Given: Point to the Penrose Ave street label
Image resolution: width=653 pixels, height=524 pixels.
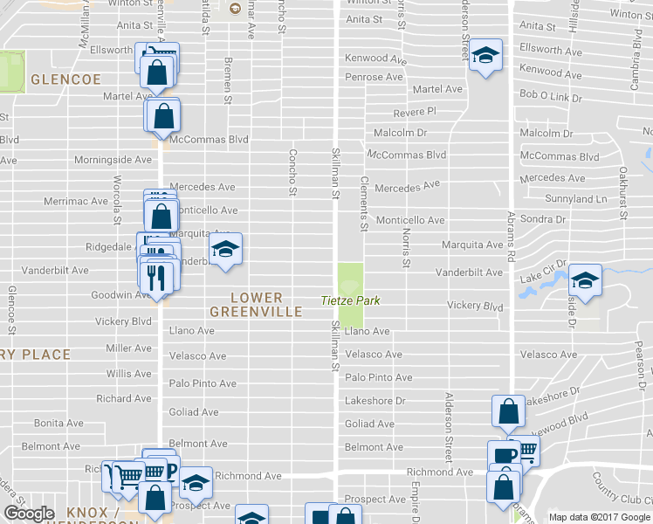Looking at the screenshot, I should (x=374, y=77).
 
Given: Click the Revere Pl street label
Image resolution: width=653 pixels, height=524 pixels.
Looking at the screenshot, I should (x=414, y=112).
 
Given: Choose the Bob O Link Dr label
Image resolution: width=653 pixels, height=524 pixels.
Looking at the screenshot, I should (x=551, y=93).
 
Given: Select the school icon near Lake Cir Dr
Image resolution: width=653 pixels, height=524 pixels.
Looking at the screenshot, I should (x=586, y=280).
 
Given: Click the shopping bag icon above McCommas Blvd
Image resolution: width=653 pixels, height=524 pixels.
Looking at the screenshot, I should (x=164, y=114).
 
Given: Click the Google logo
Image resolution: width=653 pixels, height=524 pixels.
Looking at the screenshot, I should (x=29, y=514).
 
